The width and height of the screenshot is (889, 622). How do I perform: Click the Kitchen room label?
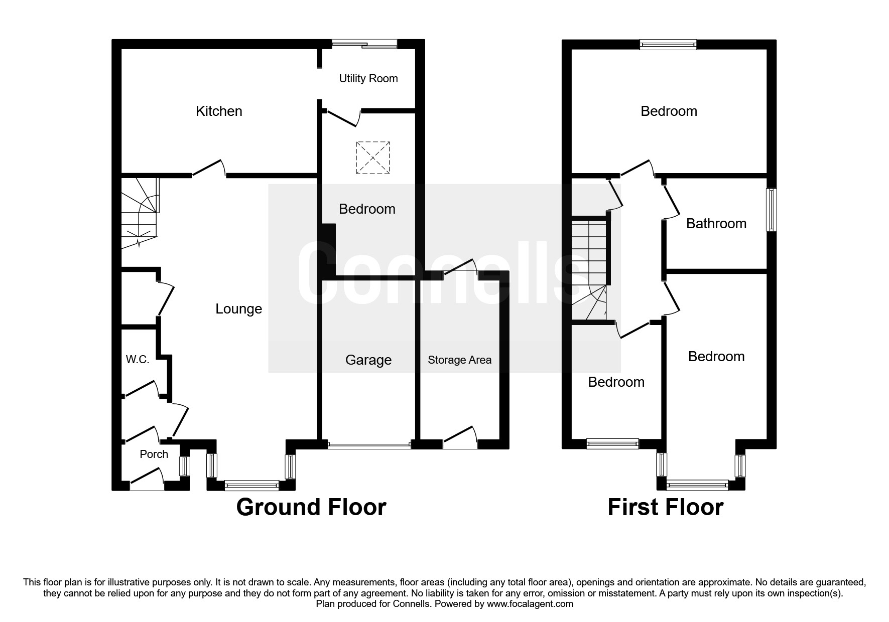[x=219, y=111]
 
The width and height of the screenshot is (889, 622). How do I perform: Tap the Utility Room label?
[x=368, y=78]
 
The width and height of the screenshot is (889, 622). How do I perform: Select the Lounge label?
[x=238, y=309]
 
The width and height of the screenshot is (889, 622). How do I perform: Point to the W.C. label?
[x=138, y=360]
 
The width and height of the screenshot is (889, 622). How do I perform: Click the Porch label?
[x=154, y=454]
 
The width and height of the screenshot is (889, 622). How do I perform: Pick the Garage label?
[x=368, y=360]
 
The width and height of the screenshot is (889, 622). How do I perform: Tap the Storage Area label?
[x=460, y=360]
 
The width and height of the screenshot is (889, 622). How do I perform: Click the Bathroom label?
[x=716, y=223]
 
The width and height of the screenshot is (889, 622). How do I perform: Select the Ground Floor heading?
[x=311, y=507]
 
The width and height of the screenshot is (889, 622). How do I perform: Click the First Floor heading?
[x=666, y=507]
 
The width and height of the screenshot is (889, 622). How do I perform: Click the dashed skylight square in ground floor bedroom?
[x=373, y=158]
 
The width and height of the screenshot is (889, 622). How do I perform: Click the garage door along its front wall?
[x=369, y=444]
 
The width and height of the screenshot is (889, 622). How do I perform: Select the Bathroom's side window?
[x=772, y=210]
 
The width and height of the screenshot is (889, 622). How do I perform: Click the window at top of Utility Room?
[x=364, y=44]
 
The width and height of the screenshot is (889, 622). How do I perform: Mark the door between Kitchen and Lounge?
[x=208, y=169]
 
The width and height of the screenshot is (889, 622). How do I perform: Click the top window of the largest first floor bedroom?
[x=669, y=45]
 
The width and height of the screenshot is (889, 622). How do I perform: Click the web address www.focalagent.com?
[x=530, y=604]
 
